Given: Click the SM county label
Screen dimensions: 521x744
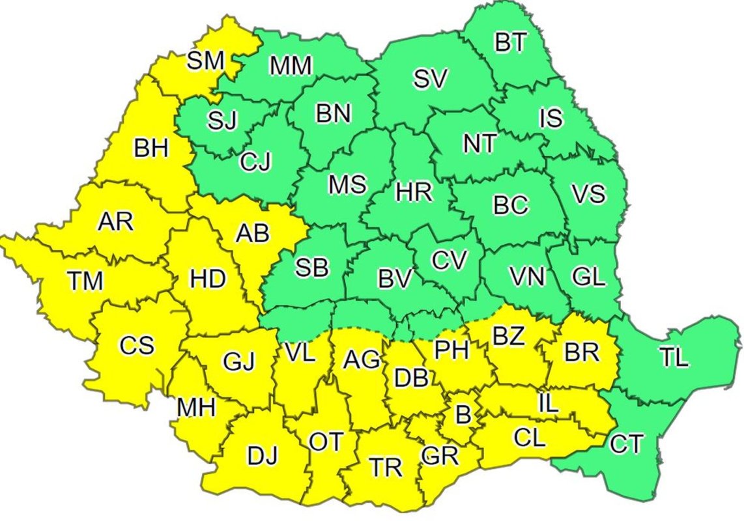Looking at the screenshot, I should [x=205, y=61].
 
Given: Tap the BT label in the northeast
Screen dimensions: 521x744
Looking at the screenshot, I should [x=512, y=44].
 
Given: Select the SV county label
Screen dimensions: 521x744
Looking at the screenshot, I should [x=431, y=79].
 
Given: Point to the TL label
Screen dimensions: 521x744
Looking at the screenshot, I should [x=674, y=358].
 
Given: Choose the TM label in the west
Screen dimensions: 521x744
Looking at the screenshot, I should [x=85, y=281].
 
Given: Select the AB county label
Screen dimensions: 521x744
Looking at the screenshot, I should [x=252, y=232].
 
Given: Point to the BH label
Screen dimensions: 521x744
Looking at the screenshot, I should [x=151, y=148].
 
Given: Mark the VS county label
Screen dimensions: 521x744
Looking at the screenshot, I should [x=588, y=193].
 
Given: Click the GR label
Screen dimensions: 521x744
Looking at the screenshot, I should [x=440, y=455].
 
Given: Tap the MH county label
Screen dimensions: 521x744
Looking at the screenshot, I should [x=196, y=408].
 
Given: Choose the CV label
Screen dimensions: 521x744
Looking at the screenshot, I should [x=450, y=260].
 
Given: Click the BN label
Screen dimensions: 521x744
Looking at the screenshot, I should [x=333, y=114].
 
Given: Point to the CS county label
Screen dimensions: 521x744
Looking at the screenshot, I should [x=137, y=345].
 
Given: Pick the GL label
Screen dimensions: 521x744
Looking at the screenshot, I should [x=588, y=276].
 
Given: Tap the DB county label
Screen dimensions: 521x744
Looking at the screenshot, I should [x=412, y=376].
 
